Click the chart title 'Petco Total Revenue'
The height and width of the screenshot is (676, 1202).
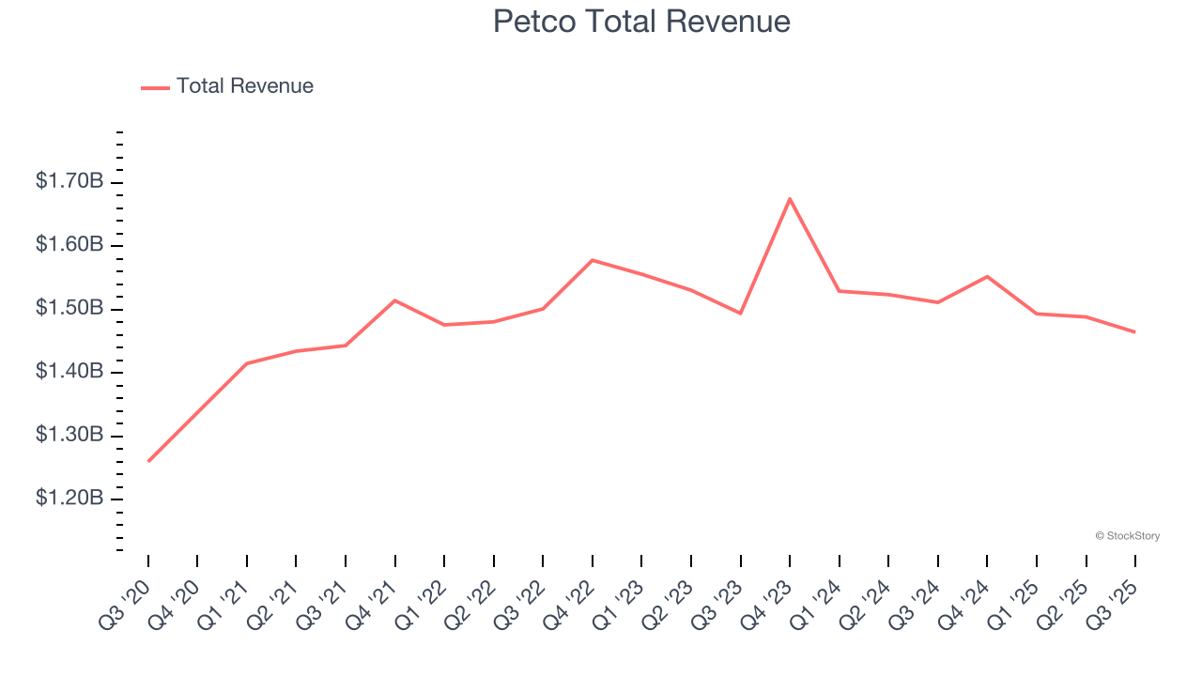[641, 22]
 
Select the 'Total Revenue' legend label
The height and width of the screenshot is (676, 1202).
[244, 86]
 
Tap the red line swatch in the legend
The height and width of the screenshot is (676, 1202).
[155, 87]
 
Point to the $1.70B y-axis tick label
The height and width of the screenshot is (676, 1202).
[69, 181]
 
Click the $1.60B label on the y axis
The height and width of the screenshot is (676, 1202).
[69, 245]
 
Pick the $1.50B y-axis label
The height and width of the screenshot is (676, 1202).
[69, 309]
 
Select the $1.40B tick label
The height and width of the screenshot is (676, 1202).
[69, 372]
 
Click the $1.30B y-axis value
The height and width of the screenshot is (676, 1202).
[69, 436]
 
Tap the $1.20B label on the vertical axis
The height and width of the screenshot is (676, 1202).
[69, 499]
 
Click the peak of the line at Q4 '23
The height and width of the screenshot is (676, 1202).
[790, 198]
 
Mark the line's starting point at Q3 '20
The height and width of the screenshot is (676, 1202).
[148, 461]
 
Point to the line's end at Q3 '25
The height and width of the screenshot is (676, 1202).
[1134, 331]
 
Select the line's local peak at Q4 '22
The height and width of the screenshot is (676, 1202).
[593, 260]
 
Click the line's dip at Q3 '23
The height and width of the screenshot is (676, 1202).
[741, 313]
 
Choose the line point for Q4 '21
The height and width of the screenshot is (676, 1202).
[395, 300]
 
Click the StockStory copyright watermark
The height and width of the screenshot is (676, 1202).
[1127, 536]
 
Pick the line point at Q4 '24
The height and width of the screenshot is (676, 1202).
[987, 276]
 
